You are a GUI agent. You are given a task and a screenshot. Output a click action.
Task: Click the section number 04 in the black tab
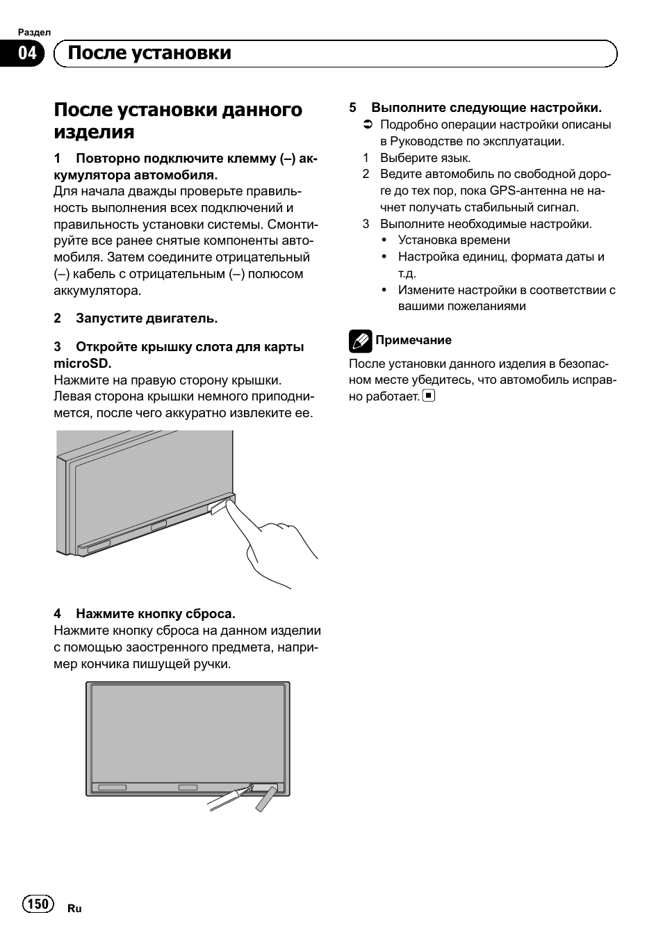(26, 54)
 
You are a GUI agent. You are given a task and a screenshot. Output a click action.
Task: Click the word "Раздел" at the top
(34, 32)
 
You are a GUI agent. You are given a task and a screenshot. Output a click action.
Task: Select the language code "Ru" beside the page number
(74, 908)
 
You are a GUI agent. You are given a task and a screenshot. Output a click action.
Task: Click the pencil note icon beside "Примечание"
(360, 340)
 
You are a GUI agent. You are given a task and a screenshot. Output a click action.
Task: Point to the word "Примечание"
(414, 340)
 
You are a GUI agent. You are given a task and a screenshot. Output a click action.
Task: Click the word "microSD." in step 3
(83, 363)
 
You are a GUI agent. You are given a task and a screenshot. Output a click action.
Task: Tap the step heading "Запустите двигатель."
(147, 318)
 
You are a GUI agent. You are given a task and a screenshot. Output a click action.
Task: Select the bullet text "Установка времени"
(454, 240)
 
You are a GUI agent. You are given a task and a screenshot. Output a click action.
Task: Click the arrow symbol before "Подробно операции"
(368, 125)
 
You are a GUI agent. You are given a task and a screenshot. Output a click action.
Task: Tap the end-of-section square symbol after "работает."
(429, 396)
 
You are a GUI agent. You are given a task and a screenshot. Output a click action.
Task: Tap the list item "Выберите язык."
(425, 158)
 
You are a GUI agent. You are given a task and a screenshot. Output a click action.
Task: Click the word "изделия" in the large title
(94, 132)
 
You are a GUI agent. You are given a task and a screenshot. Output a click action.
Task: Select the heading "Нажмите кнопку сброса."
(156, 614)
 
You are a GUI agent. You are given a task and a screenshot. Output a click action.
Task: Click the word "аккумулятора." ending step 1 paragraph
(97, 291)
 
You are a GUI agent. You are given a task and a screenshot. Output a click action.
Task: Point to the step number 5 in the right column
(352, 108)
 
